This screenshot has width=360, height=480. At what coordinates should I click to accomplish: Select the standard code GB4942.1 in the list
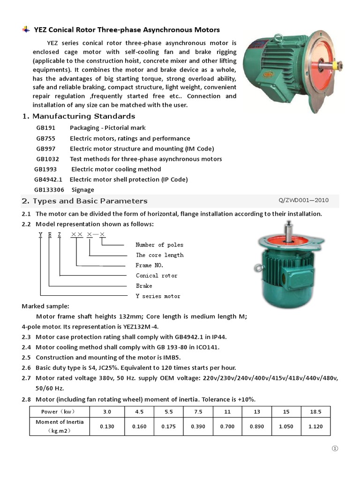tap(48, 180)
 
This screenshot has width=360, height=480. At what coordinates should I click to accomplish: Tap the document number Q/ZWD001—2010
tap(303, 200)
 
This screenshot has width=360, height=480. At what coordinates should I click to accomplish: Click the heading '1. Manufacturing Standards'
tap(79, 116)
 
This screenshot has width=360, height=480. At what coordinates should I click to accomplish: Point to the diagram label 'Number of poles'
tap(159, 245)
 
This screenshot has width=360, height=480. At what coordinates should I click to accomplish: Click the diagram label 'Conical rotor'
tap(157, 276)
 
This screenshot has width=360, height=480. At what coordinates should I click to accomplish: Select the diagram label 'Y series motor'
tap(158, 296)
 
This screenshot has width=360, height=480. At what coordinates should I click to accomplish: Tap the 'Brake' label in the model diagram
tap(144, 286)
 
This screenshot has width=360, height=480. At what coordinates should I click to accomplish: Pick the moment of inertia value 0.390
tap(198, 427)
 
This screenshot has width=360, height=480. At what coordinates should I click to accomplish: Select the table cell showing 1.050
tap(285, 427)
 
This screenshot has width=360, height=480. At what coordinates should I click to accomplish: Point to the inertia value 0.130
tap(107, 427)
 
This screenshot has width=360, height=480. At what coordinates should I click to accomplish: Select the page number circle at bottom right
tap(335, 449)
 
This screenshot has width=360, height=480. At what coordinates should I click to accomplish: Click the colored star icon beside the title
tap(26, 30)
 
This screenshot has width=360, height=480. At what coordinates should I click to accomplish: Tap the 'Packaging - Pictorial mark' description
tap(108, 128)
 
